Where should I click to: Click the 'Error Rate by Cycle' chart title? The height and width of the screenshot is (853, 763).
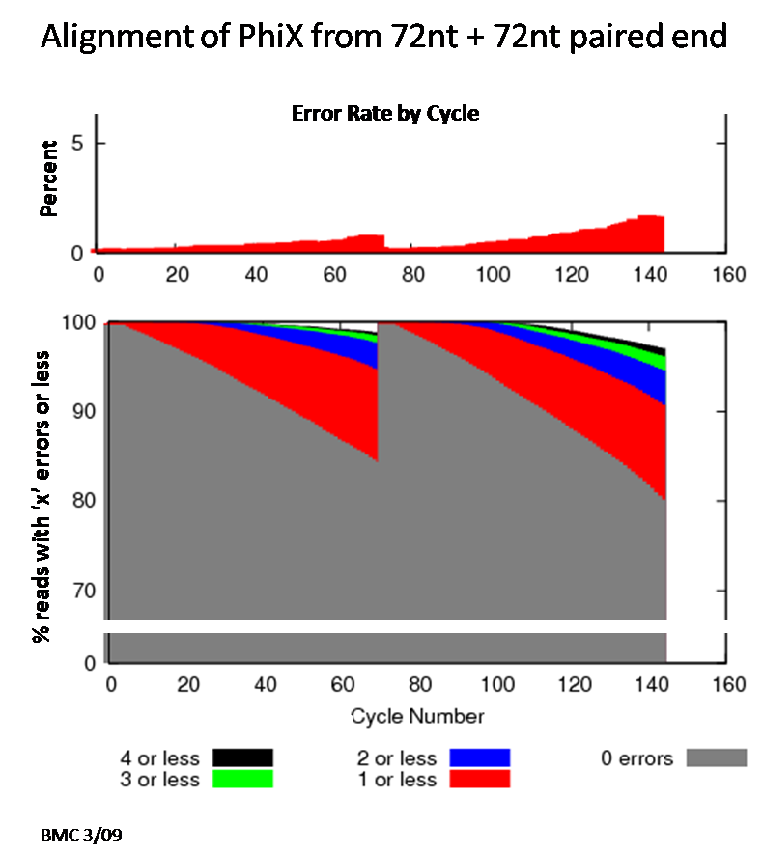tap(385, 114)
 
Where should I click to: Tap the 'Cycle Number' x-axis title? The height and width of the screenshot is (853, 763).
tap(418, 716)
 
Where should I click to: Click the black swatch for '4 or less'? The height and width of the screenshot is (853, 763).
tap(241, 757)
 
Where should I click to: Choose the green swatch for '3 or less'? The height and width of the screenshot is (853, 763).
tap(241, 779)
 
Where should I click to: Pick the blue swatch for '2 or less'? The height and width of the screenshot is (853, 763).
tap(478, 757)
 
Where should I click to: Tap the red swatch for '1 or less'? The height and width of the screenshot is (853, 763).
tap(478, 779)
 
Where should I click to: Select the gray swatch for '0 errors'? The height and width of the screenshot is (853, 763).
tap(716, 758)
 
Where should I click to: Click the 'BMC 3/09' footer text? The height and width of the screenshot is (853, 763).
tap(81, 833)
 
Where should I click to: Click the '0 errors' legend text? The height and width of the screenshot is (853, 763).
tap(636, 758)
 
